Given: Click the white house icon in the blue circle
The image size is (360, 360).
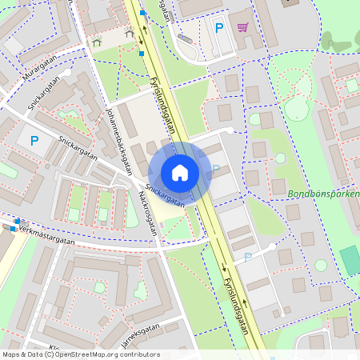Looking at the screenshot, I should click(x=180, y=172).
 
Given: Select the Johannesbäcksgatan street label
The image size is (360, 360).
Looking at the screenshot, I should click(x=119, y=137).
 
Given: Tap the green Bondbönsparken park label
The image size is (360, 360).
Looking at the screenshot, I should click(x=324, y=194).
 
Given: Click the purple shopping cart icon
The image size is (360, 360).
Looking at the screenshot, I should click(x=242, y=27).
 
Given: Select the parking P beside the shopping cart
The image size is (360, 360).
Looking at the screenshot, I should click(x=218, y=28).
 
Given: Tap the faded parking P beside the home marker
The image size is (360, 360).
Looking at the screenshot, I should click(x=215, y=170).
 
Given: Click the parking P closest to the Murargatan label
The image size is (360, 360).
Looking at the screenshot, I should click(x=34, y=141).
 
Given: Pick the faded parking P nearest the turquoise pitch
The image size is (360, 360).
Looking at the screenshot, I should click(x=247, y=257).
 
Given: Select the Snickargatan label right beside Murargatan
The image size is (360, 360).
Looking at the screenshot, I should click(x=45, y=94).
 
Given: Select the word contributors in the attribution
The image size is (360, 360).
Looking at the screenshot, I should click(x=135, y=354).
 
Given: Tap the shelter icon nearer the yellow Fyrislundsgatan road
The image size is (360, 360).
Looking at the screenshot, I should click(x=130, y=33).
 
